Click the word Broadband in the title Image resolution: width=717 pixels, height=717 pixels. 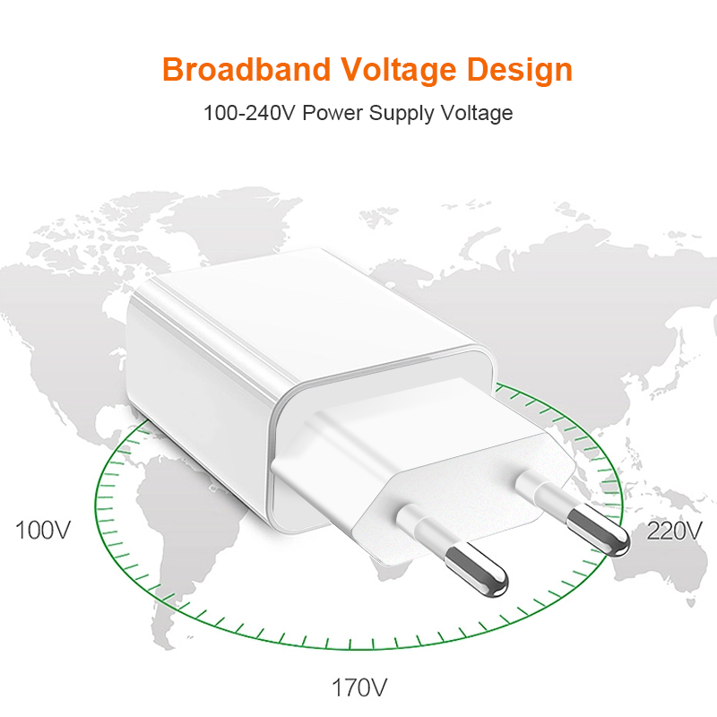(x=246, y=70)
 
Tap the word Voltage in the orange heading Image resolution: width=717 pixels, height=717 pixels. (x=399, y=71)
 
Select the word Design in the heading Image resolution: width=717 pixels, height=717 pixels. (x=520, y=71)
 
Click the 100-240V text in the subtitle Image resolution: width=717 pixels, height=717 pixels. (x=250, y=113)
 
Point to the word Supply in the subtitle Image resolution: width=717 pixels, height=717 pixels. (x=402, y=114)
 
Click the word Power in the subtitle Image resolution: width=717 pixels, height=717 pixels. (x=333, y=113)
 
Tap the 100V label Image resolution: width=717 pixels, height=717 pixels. (x=43, y=531)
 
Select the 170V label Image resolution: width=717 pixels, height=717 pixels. (x=359, y=687)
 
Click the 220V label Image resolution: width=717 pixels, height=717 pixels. (x=674, y=531)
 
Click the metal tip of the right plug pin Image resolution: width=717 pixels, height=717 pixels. (x=599, y=531)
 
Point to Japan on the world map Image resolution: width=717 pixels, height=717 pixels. (x=669, y=375)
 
